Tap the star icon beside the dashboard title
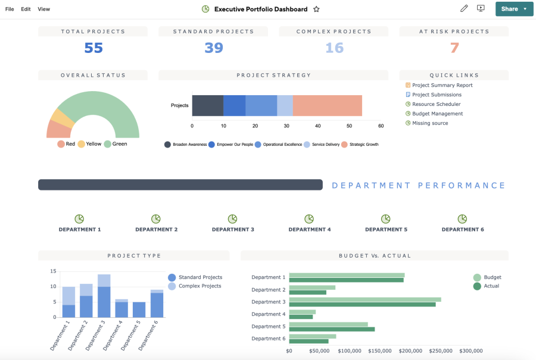tap(316, 9)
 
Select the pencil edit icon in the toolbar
tap(464, 8)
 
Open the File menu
tap(10, 9)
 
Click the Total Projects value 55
tap(93, 48)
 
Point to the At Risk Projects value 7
tap(454, 48)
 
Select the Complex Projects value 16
tap(334, 48)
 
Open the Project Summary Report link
tap(442, 85)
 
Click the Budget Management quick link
tap(437, 114)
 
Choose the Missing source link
tap(429, 123)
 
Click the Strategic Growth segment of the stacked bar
tap(327, 105)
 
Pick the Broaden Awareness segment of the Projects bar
tap(207, 105)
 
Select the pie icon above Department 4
tap(309, 219)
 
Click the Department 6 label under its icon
tap(462, 229)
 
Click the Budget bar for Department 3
tap(364, 299)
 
